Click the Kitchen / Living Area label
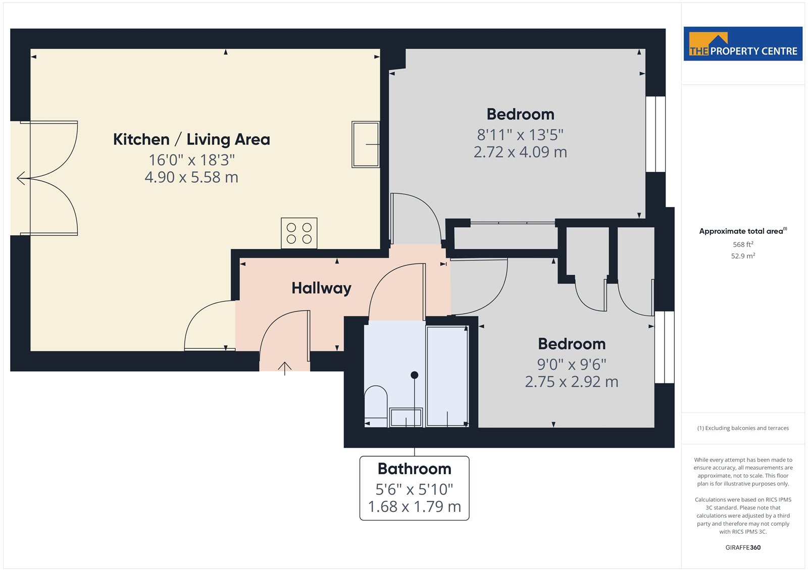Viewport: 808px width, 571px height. pos(191,139)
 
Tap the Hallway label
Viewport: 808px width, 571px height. pos(321,288)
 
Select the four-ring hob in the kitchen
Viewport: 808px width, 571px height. pos(299,233)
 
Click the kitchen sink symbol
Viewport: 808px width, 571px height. pos(366,144)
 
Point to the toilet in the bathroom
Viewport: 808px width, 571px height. pos(376,406)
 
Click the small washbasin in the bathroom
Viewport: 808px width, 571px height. pos(406,418)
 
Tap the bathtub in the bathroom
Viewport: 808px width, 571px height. pos(447,376)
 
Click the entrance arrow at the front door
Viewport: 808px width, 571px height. pos(285,368)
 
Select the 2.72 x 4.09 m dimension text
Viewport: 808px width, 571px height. pos(520,152)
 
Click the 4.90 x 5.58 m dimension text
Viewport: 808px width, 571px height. pos(191,178)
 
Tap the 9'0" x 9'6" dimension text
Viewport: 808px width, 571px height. pos(571,365)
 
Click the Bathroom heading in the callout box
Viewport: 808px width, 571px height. pos(415,469)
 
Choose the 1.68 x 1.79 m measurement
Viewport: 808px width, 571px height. pos(415,507)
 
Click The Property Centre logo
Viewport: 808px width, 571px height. pos(743,43)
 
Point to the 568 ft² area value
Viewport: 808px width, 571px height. pos(743,244)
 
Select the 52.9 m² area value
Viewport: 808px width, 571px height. pos(743,256)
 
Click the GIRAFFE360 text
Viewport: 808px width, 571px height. pos(743,547)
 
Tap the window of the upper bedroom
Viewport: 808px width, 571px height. pos(655,134)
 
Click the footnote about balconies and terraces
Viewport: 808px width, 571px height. pos(743,428)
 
